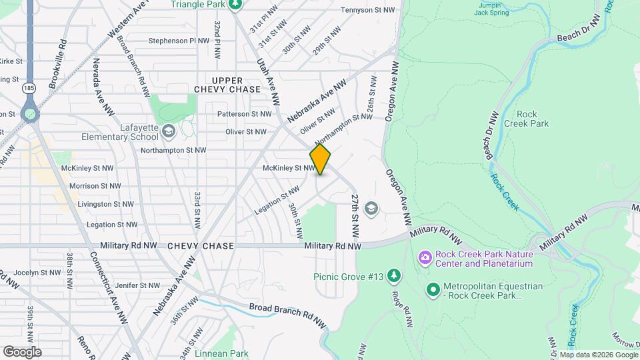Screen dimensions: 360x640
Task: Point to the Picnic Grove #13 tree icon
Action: (395, 275)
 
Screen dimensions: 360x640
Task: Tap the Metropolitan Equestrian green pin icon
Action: (433, 289)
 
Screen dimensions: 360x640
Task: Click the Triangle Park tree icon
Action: (234, 5)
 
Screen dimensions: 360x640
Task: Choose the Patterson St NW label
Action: (244, 114)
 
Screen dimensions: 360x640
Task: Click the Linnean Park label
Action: (221, 353)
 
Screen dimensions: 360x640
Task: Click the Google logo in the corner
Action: (22, 351)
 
